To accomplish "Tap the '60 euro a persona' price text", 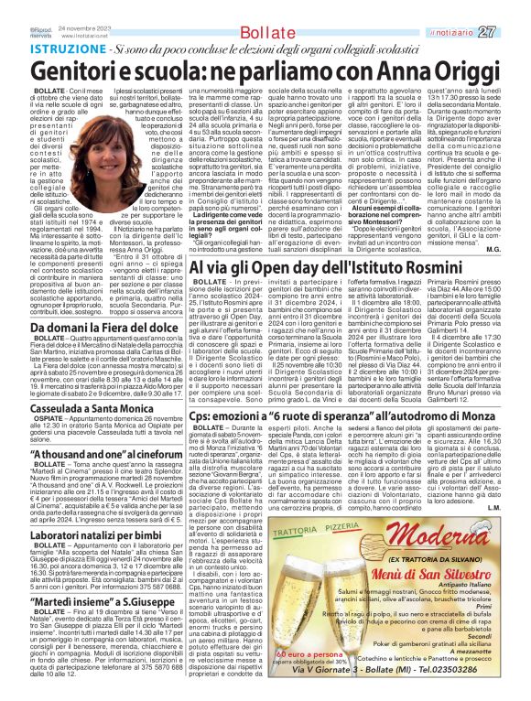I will click(300, 681).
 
